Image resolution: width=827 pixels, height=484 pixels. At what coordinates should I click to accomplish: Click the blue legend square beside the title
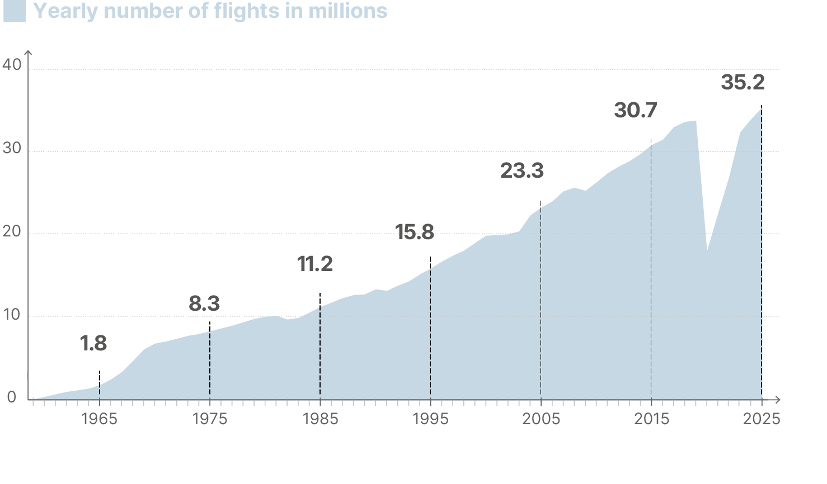tap(15, 11)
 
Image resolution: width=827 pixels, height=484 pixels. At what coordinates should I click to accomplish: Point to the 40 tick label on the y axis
tap(12, 65)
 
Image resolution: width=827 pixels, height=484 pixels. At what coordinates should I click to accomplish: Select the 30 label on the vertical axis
tap(12, 148)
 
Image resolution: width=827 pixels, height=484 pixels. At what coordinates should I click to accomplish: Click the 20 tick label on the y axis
tap(12, 231)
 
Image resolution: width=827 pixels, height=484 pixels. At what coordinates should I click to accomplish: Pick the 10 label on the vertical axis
tap(12, 315)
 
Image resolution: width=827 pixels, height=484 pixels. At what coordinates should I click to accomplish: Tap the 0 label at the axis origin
tap(12, 398)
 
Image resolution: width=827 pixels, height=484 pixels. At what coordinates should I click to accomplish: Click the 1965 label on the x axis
tap(100, 419)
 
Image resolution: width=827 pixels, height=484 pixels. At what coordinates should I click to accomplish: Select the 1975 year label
tap(210, 419)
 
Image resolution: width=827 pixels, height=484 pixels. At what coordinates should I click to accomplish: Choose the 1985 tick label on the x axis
tap(320, 419)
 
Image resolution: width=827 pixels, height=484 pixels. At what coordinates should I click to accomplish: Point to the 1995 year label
tap(430, 419)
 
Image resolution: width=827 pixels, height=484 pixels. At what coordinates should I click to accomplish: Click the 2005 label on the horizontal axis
tap(541, 419)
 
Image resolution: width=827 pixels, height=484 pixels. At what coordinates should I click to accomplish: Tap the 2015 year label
tap(651, 419)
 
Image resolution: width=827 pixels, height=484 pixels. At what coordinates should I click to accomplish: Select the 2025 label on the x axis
tap(762, 419)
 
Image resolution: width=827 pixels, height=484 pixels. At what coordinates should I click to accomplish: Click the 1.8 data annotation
tap(93, 344)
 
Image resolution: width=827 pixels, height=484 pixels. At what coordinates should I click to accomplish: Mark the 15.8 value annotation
tap(415, 232)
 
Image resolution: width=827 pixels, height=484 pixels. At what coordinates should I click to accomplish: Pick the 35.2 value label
tap(743, 82)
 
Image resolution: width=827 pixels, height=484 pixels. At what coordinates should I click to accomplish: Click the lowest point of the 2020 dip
tap(707, 250)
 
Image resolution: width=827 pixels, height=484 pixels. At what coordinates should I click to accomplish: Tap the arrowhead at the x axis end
tap(778, 400)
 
